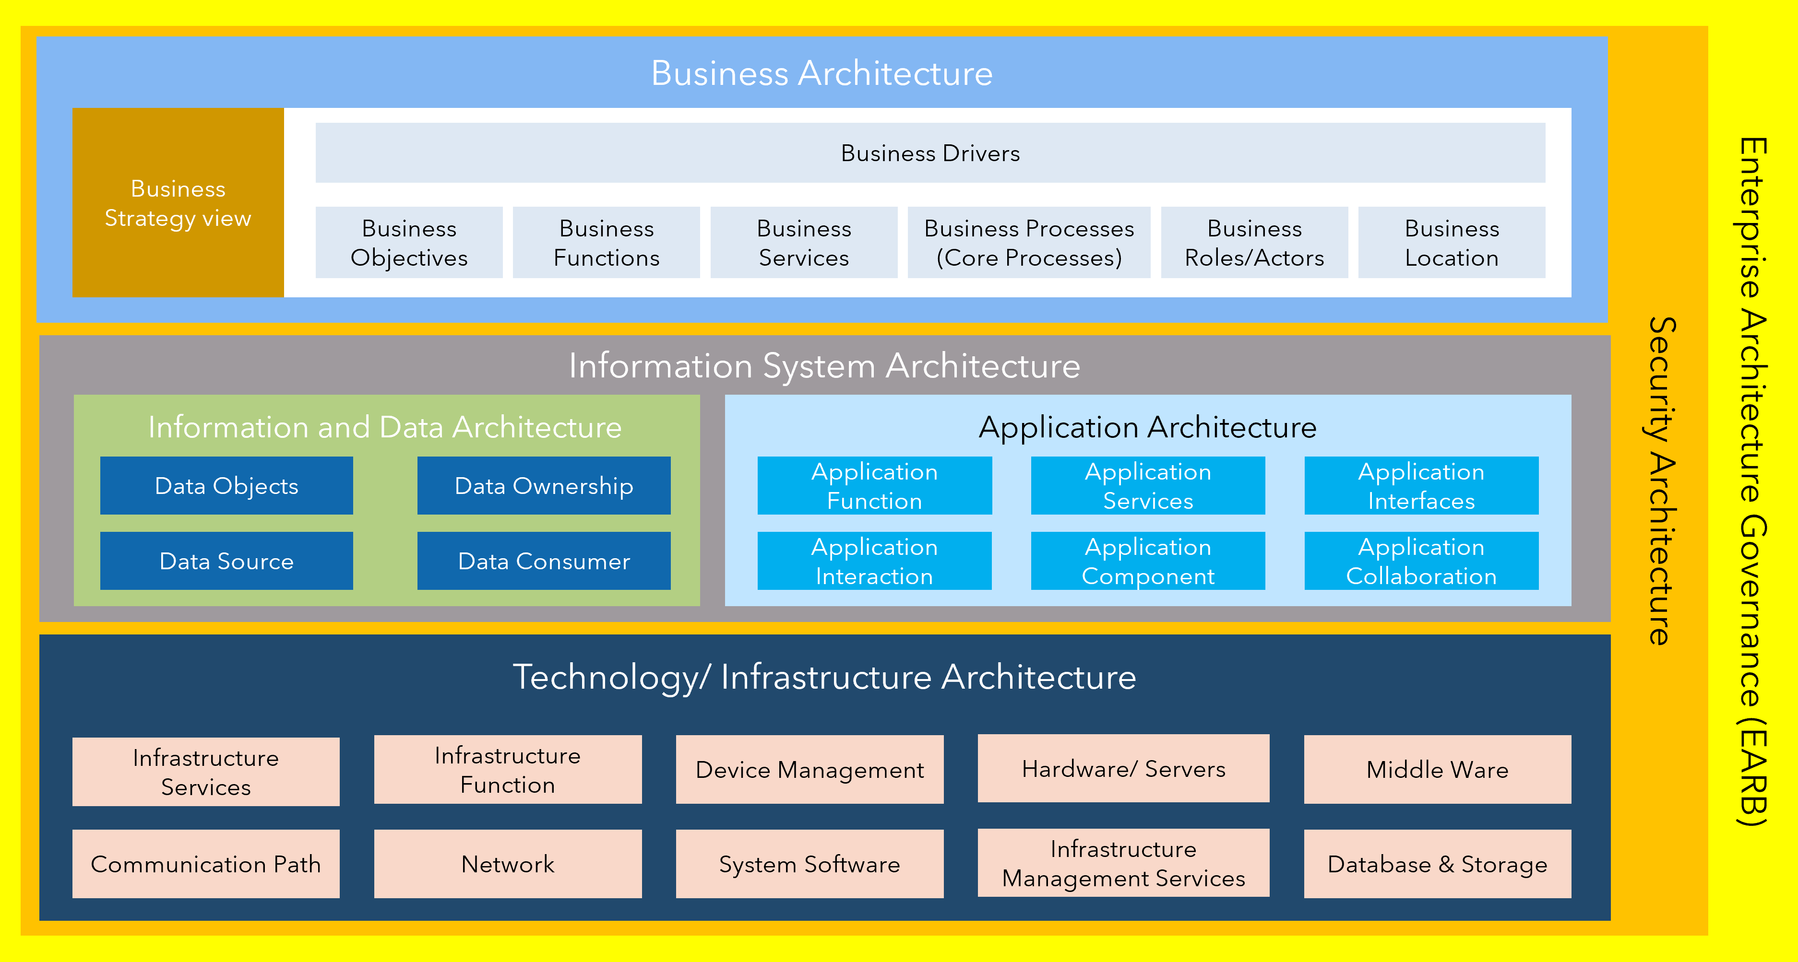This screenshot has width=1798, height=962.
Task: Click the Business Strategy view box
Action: (x=178, y=202)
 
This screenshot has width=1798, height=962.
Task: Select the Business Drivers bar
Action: (x=930, y=153)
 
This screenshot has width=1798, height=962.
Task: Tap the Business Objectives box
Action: (x=409, y=242)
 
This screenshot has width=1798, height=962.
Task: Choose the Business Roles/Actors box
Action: (x=1254, y=242)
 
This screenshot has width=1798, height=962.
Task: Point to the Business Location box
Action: (x=1452, y=242)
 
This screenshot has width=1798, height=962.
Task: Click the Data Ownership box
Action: (x=544, y=485)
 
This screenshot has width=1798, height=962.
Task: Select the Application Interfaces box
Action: (x=1421, y=485)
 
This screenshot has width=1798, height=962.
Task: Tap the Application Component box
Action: (x=1147, y=561)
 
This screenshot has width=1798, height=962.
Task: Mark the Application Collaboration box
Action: (x=1421, y=561)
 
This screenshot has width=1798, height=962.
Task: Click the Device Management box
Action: (x=810, y=770)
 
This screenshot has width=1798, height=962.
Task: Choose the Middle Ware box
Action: (x=1437, y=770)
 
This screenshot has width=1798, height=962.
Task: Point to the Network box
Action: (x=507, y=864)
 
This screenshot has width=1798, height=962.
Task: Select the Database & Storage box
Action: (x=1437, y=864)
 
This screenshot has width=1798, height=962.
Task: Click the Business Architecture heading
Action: (x=822, y=73)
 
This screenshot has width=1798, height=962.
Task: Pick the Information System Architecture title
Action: (x=824, y=365)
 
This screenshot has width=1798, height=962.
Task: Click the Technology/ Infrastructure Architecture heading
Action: (x=824, y=677)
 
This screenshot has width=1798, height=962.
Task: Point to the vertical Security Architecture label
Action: (x=1661, y=481)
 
